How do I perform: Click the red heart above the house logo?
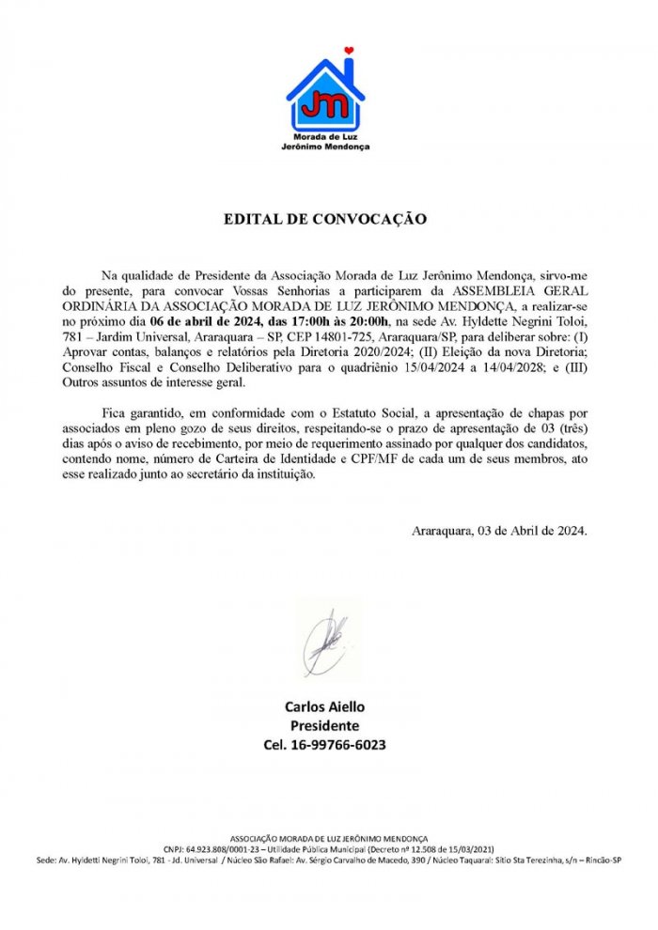coord(349,50)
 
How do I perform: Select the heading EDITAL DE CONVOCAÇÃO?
coord(325,220)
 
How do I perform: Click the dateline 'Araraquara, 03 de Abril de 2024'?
coord(500,531)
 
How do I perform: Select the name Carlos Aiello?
coord(325,706)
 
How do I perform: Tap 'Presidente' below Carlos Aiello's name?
coord(325,725)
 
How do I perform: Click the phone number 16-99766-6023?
coord(325,745)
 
